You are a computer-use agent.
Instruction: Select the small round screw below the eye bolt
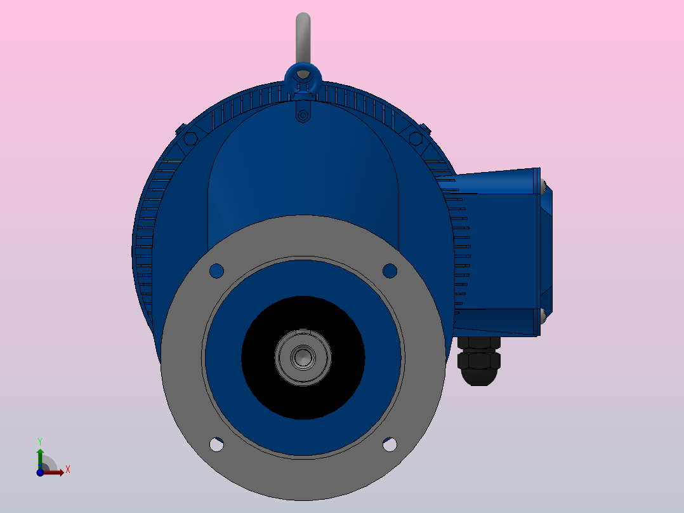coord(303,116)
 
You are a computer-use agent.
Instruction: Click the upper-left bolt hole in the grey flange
coord(216,270)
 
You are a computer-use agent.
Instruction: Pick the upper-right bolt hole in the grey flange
coord(390,270)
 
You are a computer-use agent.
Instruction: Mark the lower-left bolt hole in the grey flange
coord(216,444)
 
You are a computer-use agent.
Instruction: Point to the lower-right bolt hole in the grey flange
coord(390,444)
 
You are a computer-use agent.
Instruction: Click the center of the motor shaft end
coord(303,357)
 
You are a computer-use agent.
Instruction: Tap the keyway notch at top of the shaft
coord(303,332)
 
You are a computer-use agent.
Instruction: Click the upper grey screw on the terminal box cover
coord(544,185)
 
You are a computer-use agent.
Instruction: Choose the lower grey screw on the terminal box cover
coord(543,312)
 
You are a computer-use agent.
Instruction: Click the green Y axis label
coord(39,440)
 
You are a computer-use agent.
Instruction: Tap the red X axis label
coord(67,470)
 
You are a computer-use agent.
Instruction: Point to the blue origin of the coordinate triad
coord(40,472)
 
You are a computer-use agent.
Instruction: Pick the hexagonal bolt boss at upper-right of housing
coord(416,138)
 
